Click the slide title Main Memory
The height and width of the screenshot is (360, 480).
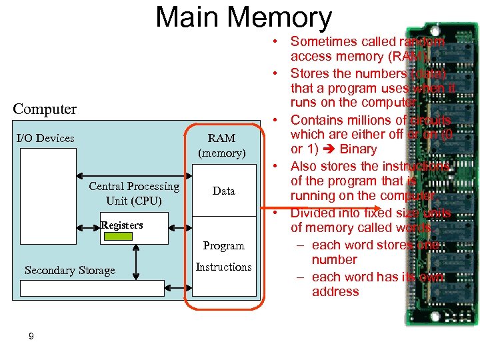pyautogui.click(x=243, y=18)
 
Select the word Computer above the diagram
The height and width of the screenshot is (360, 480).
pyautogui.click(x=45, y=109)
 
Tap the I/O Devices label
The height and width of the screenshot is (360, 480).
pyautogui.click(x=45, y=138)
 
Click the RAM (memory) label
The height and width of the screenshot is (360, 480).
pyautogui.click(x=221, y=145)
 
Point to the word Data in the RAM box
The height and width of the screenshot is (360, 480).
pyautogui.click(x=223, y=191)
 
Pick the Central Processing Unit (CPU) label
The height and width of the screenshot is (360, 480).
pyautogui.click(x=134, y=193)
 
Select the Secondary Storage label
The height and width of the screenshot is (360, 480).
pyautogui.click(x=69, y=270)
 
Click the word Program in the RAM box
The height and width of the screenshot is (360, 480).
pyautogui.click(x=223, y=245)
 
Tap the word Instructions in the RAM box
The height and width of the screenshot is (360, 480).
pyautogui.click(x=223, y=267)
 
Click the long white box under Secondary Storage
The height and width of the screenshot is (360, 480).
pyautogui.click(x=92, y=288)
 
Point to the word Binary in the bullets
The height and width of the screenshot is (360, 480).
pyautogui.click(x=358, y=149)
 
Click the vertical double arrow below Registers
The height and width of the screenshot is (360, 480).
pyautogui.click(x=137, y=260)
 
